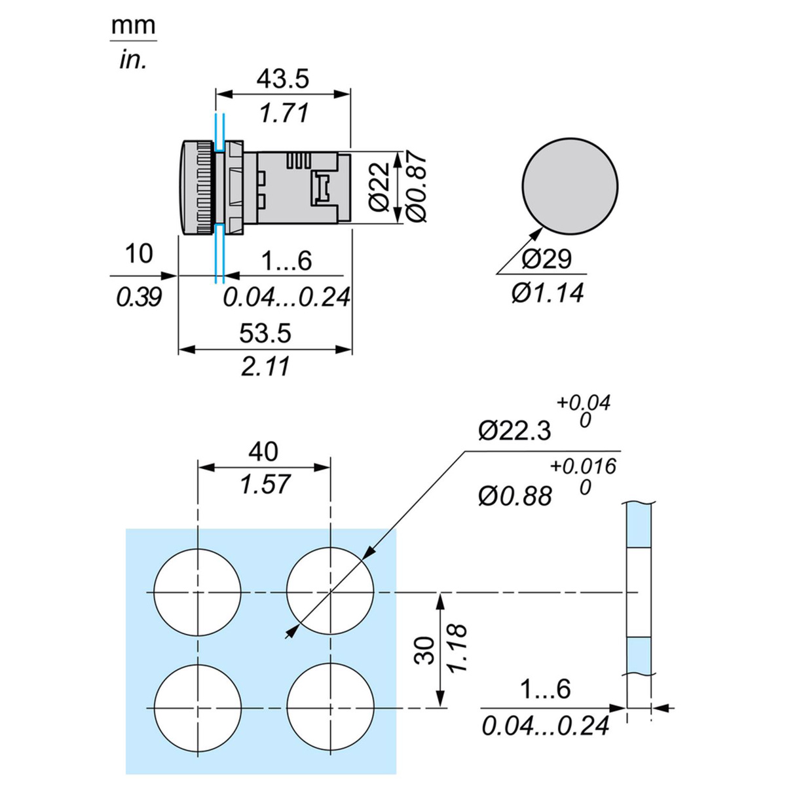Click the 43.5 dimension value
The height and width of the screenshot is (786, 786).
[282, 79]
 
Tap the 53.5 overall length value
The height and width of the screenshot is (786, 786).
[265, 333]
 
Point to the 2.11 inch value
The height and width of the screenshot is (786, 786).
[265, 367]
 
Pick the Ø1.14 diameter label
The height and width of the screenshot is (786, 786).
[547, 293]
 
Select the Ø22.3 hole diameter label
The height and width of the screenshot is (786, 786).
[515, 431]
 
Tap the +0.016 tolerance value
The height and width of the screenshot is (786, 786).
[583, 466]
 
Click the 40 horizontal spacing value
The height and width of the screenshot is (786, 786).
[263, 451]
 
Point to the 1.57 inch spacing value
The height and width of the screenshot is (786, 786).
[264, 485]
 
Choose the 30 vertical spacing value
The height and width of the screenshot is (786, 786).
[426, 650]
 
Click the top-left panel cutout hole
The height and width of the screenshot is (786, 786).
[198, 591]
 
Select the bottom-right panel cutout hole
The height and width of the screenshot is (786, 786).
[330, 708]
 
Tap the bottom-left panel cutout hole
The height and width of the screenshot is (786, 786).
[198, 708]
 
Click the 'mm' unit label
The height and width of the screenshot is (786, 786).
[134, 26]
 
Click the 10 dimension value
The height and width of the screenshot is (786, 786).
[138, 254]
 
